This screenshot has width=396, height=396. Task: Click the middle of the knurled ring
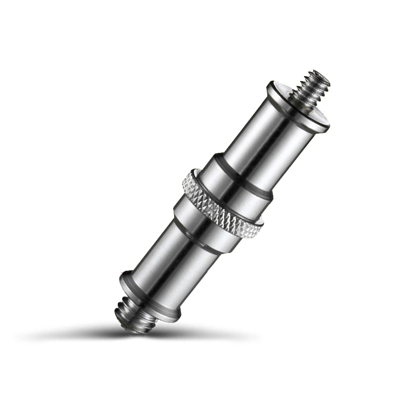click(220, 203)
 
